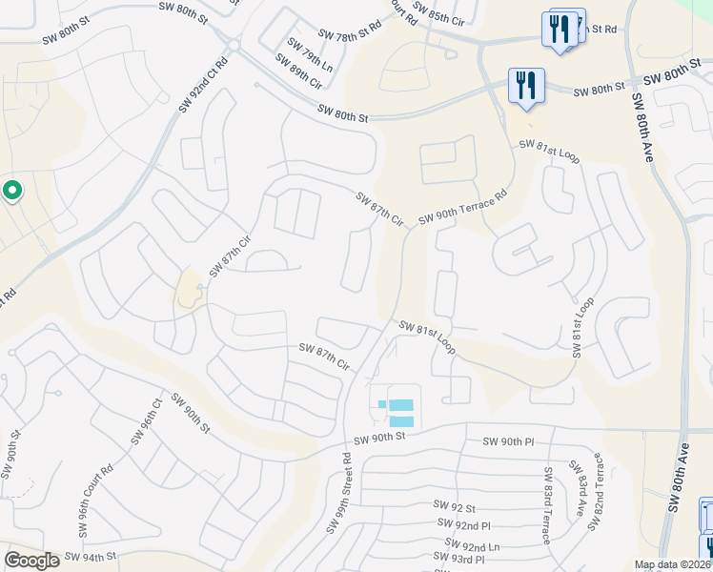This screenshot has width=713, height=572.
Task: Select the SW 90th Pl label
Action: click(510, 441)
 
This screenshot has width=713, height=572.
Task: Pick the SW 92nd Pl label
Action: click(463, 524)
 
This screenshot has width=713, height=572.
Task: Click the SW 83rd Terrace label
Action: click(547, 504)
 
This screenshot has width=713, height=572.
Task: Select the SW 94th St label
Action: click(91, 556)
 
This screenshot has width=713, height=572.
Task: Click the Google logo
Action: click(31, 561)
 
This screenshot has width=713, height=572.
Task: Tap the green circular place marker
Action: click(11, 192)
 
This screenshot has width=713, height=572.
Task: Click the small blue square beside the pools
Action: click(382, 404)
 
